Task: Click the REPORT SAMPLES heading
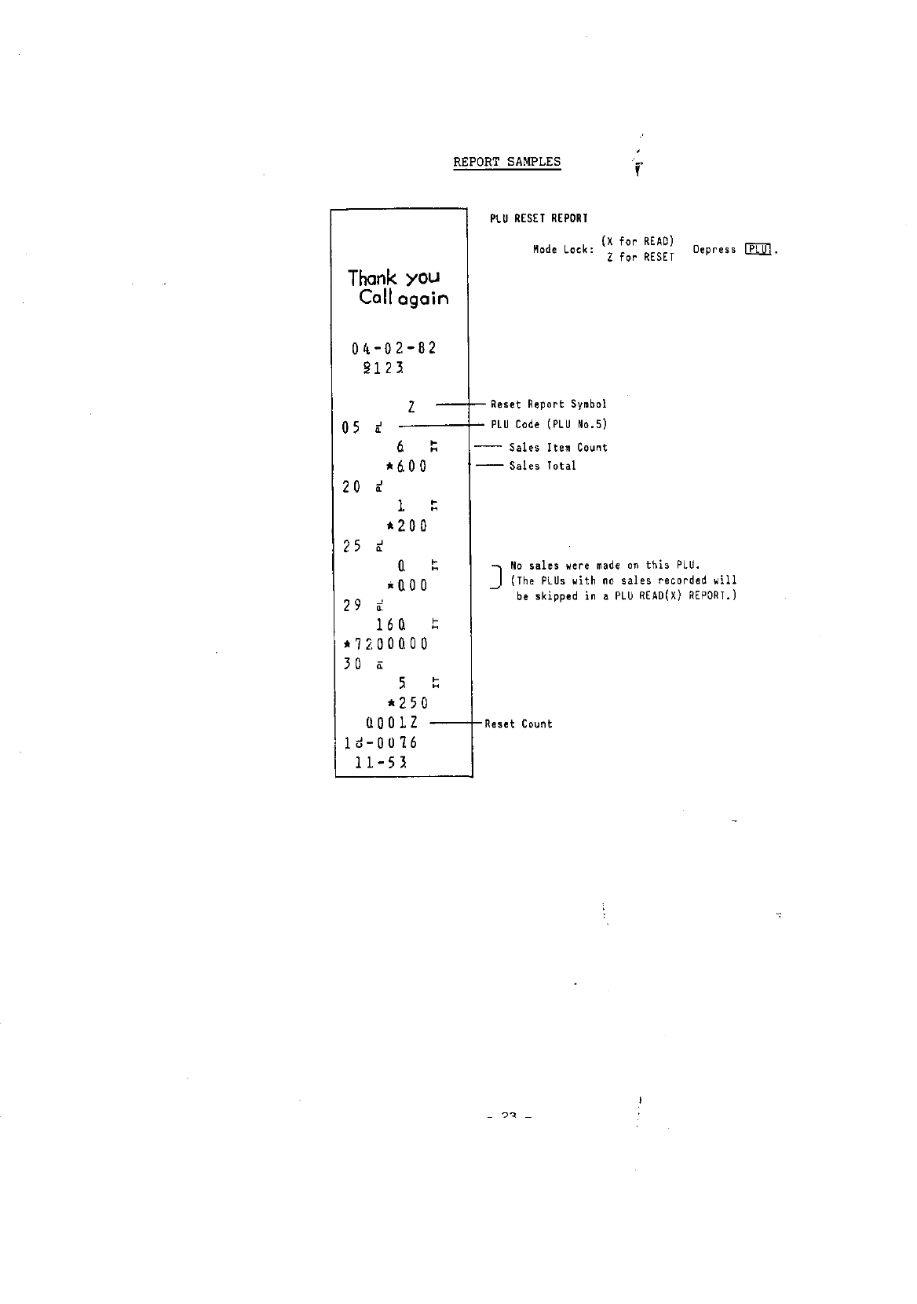coord(506,163)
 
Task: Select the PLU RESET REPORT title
coord(539,218)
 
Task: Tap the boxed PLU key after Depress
coord(758,250)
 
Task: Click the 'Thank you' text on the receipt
coord(394,278)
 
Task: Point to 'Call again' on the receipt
coord(404,299)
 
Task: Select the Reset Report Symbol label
coord(548,405)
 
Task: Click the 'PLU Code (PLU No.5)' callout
coord(549,425)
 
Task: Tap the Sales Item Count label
coord(558,448)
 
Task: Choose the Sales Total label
coord(543,466)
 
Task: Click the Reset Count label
coord(518,724)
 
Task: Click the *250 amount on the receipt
coord(406,703)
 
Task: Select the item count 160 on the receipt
coord(390,625)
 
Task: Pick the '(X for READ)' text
coord(638,241)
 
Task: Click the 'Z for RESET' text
coord(640,258)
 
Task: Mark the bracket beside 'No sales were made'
coord(495,577)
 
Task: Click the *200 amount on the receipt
coord(406,526)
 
